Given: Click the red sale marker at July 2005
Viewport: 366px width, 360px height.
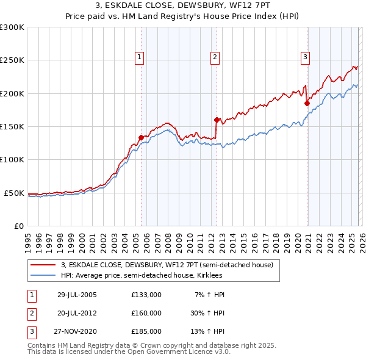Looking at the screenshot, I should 141,138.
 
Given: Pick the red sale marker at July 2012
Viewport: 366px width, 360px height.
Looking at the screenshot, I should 217,120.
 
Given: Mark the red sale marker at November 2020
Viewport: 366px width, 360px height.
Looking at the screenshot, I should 307,103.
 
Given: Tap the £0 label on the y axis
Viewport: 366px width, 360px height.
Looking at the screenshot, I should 18,226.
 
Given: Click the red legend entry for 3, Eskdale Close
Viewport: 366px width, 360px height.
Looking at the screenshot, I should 170,265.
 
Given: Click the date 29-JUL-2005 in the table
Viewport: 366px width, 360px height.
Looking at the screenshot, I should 77,295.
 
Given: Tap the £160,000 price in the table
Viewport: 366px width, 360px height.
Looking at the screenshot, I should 146,313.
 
